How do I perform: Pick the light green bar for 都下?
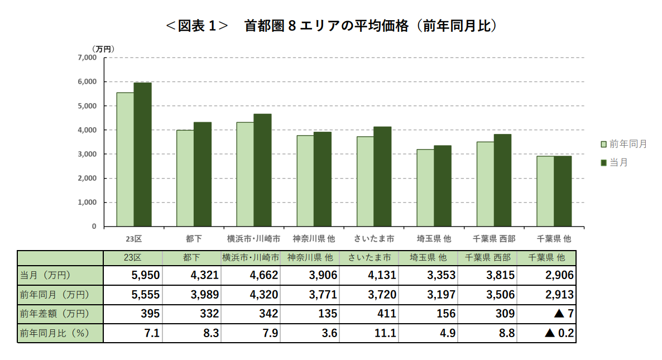coord(185,178)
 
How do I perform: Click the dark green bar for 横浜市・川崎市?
coord(262,170)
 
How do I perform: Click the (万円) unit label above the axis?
coord(103,49)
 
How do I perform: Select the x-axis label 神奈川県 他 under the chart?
coord(314,238)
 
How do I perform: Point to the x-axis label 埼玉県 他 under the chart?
coord(434,238)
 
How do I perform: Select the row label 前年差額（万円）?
coord(54,314)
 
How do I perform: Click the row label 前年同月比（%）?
coord(54,334)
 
